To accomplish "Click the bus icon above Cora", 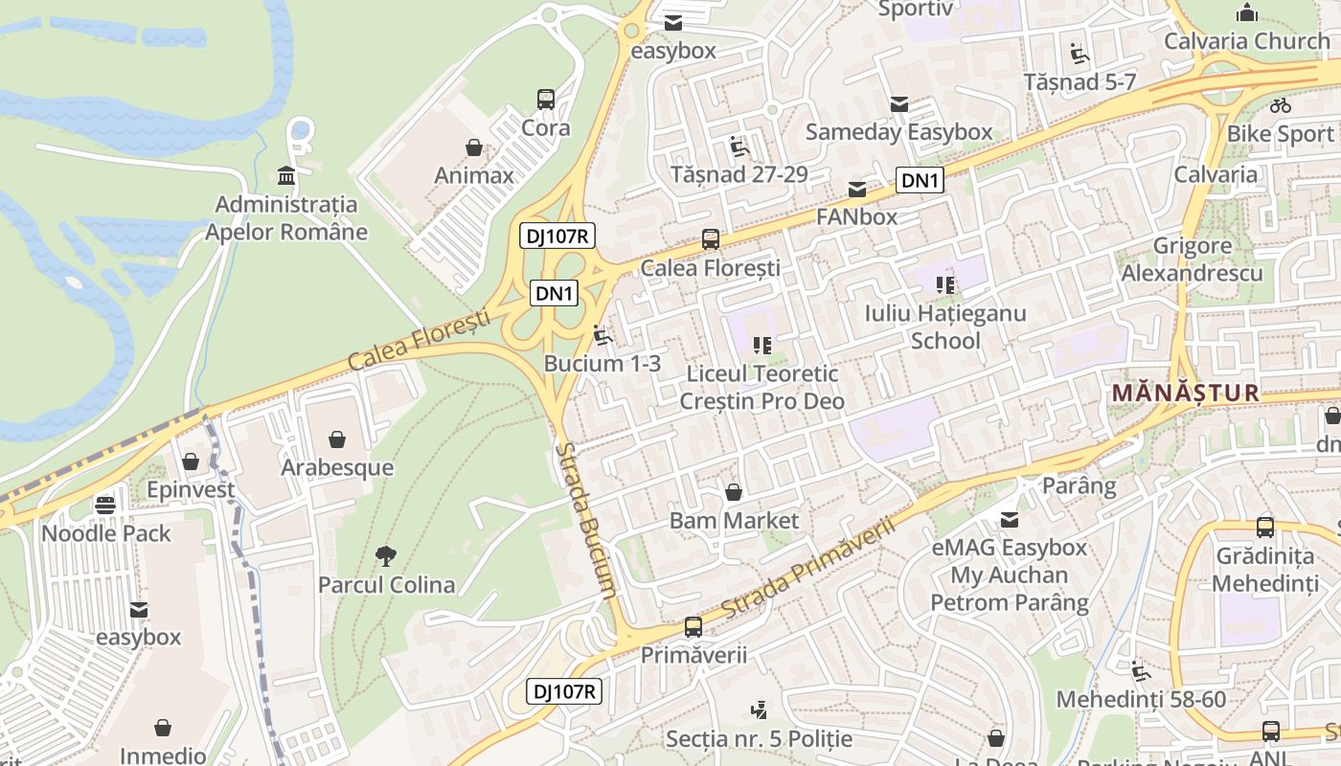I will [x=546, y=99].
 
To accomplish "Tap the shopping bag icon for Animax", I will [x=473, y=147].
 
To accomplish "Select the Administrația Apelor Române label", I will [x=286, y=218].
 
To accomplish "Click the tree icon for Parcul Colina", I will [x=386, y=555].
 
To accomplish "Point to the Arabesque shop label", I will [x=337, y=467].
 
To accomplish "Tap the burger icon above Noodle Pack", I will [x=105, y=505].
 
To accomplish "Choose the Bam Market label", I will [x=734, y=521].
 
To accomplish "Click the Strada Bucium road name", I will [x=585, y=521].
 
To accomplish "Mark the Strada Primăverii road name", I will [x=807, y=569].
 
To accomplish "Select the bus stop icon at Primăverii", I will [x=693, y=627].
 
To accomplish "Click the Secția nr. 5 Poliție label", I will [x=759, y=739].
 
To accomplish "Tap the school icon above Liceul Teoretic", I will [x=762, y=345].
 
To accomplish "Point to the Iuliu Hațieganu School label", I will [x=945, y=327].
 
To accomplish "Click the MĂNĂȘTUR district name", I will [x=1185, y=393].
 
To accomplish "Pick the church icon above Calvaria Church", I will [x=1247, y=13].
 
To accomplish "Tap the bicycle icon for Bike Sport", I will [x=1281, y=105].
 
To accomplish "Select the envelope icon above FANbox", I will [x=856, y=190].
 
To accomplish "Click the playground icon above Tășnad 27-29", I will [x=739, y=146].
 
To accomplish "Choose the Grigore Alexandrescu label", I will [x=1193, y=259].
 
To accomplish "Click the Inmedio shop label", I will [x=163, y=755].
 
